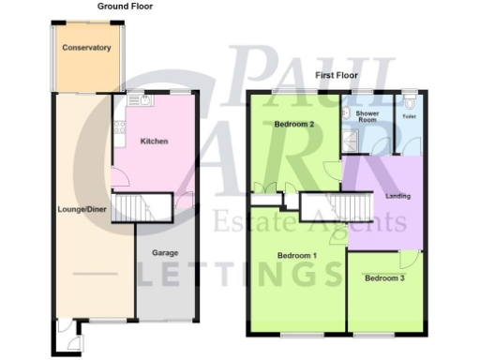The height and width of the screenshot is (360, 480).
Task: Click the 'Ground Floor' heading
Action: click(125, 6)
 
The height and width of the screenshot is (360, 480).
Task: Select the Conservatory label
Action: click(86, 48)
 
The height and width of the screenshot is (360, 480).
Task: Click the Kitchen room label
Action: click(154, 142)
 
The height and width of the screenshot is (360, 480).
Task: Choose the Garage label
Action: click(165, 252)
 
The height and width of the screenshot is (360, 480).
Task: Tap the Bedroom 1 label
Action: click(296, 255)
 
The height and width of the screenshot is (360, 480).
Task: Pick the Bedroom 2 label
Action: click(293, 125)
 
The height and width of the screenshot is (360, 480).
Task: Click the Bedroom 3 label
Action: click(385, 278)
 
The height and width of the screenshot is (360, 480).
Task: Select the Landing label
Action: click(398, 196)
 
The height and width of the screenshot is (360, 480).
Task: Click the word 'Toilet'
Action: click(409, 117)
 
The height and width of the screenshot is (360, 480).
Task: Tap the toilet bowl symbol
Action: click(409, 99)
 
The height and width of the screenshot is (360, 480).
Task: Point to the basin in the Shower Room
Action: click(346, 112)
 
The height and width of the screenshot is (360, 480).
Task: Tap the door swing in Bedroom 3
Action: click(408, 260)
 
